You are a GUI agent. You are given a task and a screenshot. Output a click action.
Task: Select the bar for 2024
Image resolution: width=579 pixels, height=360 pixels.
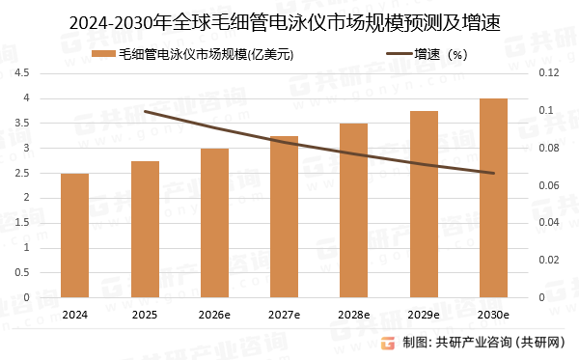pyautogui.click(x=75, y=235)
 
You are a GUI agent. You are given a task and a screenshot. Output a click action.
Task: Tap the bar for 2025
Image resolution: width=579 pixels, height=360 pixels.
pyautogui.click(x=145, y=230)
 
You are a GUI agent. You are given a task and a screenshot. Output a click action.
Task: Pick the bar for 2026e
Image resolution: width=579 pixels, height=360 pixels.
pyautogui.click(x=214, y=223)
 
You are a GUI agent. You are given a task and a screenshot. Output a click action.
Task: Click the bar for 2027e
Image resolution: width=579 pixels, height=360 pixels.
pyautogui.click(x=284, y=217)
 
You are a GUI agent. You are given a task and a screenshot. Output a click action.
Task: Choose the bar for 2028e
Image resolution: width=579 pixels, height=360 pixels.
pyautogui.click(x=353, y=210)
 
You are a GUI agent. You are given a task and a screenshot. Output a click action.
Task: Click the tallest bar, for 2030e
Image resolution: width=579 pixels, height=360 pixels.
pyautogui.click(x=492, y=198)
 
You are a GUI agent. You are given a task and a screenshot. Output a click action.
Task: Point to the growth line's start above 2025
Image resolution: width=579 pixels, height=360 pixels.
pyautogui.click(x=145, y=111)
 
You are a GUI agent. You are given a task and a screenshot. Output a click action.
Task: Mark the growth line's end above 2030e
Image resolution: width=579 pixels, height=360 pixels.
pyautogui.click(x=492, y=173)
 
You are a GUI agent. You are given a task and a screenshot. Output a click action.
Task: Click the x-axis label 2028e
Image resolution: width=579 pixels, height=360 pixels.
pyautogui.click(x=353, y=315)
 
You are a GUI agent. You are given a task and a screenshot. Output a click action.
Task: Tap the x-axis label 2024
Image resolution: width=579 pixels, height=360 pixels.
pyautogui.click(x=75, y=315)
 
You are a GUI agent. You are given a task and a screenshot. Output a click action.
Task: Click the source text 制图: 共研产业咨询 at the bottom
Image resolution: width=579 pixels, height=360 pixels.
pyautogui.click(x=482, y=343)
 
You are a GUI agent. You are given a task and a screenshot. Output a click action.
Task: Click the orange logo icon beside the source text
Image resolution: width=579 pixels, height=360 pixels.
pyautogui.click(x=388, y=343)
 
